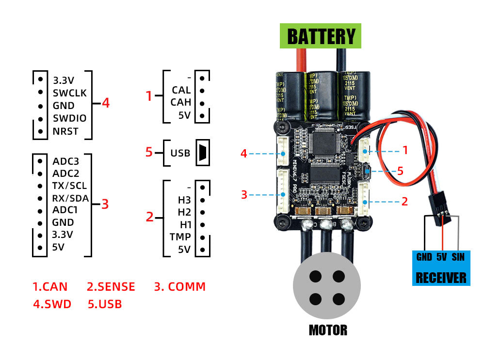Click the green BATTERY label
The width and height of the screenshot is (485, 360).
point(321,37)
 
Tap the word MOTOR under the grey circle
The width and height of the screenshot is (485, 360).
point(328,330)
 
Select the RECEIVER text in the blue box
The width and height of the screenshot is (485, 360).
point(441,278)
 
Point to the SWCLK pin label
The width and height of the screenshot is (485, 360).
point(69,93)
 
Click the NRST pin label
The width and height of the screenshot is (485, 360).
point(65,131)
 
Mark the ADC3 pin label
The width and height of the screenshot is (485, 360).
point(65,160)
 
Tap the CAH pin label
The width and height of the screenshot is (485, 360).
point(181,102)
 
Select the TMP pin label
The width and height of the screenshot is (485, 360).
point(180,237)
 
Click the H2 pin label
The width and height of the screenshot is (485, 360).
point(184,212)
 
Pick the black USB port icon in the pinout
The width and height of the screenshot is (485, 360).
point(202,153)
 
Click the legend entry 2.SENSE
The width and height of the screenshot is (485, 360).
point(111,287)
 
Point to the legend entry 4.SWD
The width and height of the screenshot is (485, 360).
point(52,304)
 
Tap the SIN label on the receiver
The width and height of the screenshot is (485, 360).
point(458,257)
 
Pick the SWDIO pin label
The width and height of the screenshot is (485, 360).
point(69,118)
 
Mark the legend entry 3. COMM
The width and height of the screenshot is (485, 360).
point(180,287)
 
